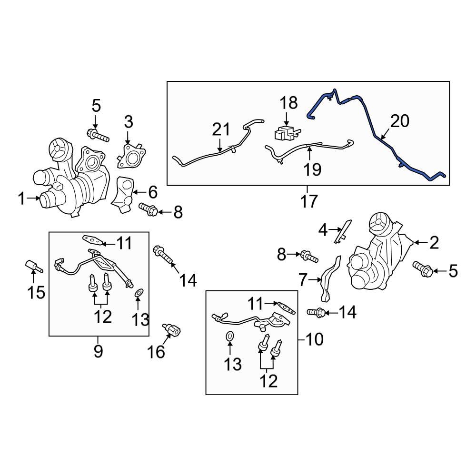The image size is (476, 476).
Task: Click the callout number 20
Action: (400, 121)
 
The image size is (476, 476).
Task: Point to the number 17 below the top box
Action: (309, 201)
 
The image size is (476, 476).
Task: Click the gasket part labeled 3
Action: (131, 156)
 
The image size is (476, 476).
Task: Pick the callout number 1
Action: (21, 199)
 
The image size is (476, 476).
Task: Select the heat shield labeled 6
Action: (124, 195)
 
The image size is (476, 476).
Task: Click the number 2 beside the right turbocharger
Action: (434, 243)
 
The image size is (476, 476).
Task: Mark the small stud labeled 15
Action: (33, 266)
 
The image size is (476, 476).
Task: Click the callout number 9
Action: (98, 352)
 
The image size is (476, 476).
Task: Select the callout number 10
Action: (315, 339)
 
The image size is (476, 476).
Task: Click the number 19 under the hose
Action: (312, 169)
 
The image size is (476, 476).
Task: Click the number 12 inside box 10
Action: (268, 381)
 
